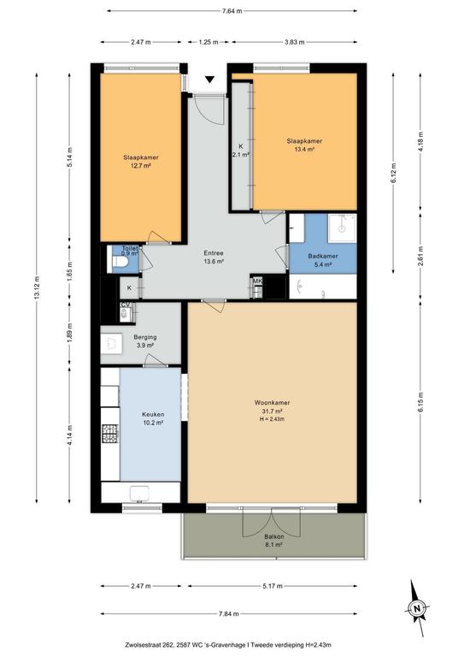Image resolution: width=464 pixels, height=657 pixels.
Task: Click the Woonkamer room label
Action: [272, 403]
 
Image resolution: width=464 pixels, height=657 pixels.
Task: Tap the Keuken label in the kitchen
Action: [153, 414]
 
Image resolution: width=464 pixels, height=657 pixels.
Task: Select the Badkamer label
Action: [323, 256]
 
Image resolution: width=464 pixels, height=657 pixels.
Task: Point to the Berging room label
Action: [145, 337]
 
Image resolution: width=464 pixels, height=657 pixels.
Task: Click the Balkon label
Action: [274, 536]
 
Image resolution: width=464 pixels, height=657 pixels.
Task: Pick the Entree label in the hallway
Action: [214, 253]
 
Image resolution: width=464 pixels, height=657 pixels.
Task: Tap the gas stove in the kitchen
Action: [110, 433]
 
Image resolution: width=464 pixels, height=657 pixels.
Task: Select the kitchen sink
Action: [139, 493]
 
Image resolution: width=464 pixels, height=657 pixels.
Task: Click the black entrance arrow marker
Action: [209, 80]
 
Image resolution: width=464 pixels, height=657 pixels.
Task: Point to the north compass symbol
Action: [416, 607]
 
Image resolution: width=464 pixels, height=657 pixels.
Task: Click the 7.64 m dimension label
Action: [232, 11]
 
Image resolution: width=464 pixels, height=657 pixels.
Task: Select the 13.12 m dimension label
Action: [37, 287]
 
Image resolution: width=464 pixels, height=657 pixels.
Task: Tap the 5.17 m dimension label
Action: [273, 586]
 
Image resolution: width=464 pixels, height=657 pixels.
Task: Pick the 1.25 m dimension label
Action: [209, 42]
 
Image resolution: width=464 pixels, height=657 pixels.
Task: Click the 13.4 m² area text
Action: [304, 149]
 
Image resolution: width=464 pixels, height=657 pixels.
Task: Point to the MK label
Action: [257, 281]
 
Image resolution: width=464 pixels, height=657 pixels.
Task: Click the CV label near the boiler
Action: [125, 305]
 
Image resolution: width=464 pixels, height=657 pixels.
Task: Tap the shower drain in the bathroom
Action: [342, 228]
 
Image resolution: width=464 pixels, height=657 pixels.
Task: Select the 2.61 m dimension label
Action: [421, 255]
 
